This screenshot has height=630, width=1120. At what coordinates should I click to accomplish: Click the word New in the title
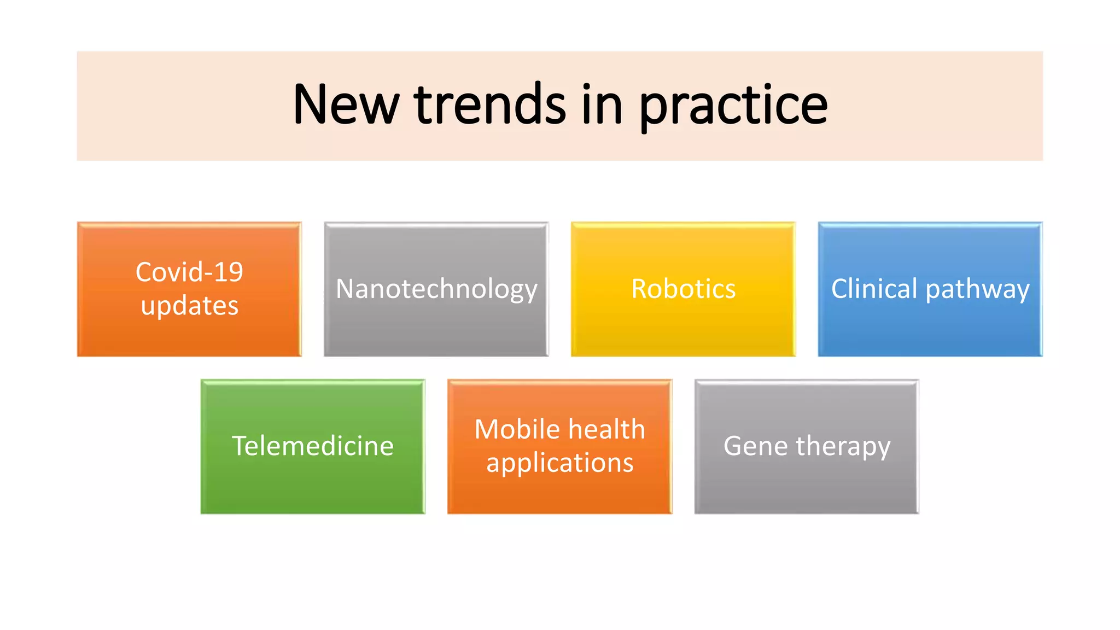coord(346,104)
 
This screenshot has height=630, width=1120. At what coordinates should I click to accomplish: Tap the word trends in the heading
coord(489,104)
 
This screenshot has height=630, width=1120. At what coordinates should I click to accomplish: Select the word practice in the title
coord(733,106)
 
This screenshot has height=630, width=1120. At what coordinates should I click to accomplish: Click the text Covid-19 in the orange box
coord(189,272)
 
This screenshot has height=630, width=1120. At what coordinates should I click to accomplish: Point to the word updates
coord(189,306)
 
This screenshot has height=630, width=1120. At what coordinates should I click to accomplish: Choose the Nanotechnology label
coord(436,289)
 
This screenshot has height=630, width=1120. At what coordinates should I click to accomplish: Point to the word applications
coord(559,463)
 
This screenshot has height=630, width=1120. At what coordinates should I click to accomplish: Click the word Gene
coord(755,446)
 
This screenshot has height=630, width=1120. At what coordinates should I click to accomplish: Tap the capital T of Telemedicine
coord(241,446)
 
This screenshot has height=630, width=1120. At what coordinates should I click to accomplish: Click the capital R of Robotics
coord(640,289)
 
